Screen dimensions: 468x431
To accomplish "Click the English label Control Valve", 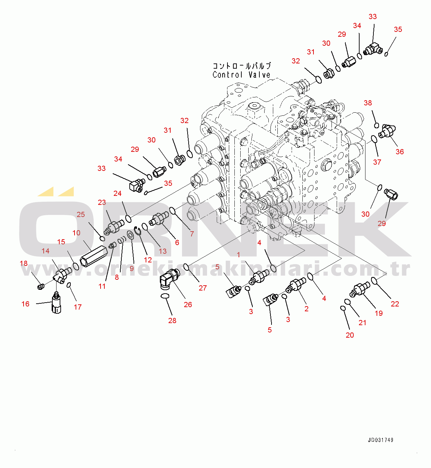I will [241, 75].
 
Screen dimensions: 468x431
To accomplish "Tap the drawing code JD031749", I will [380, 440].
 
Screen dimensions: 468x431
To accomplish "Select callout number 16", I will [25, 304].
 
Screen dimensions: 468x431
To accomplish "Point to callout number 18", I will [24, 263].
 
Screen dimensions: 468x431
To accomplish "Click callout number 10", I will [76, 233].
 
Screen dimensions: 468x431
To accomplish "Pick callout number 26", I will [188, 304].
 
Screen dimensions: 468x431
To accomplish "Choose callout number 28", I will [172, 321].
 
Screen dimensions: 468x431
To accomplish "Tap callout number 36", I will [399, 151].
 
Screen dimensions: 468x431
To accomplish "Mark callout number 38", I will [368, 103].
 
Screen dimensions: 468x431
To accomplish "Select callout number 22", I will [395, 304].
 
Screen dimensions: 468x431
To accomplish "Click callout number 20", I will [350, 335].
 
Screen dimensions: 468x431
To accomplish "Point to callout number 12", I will [148, 260].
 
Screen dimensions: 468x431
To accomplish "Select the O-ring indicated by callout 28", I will [165, 296].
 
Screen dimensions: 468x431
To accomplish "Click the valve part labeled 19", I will [360, 289].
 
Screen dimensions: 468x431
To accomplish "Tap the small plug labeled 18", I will [41, 286].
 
